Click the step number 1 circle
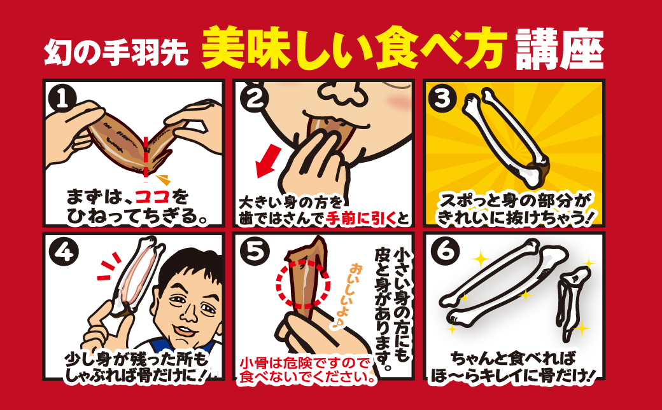[62, 98]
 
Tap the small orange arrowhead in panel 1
[163, 179]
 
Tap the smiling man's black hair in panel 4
[192, 266]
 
